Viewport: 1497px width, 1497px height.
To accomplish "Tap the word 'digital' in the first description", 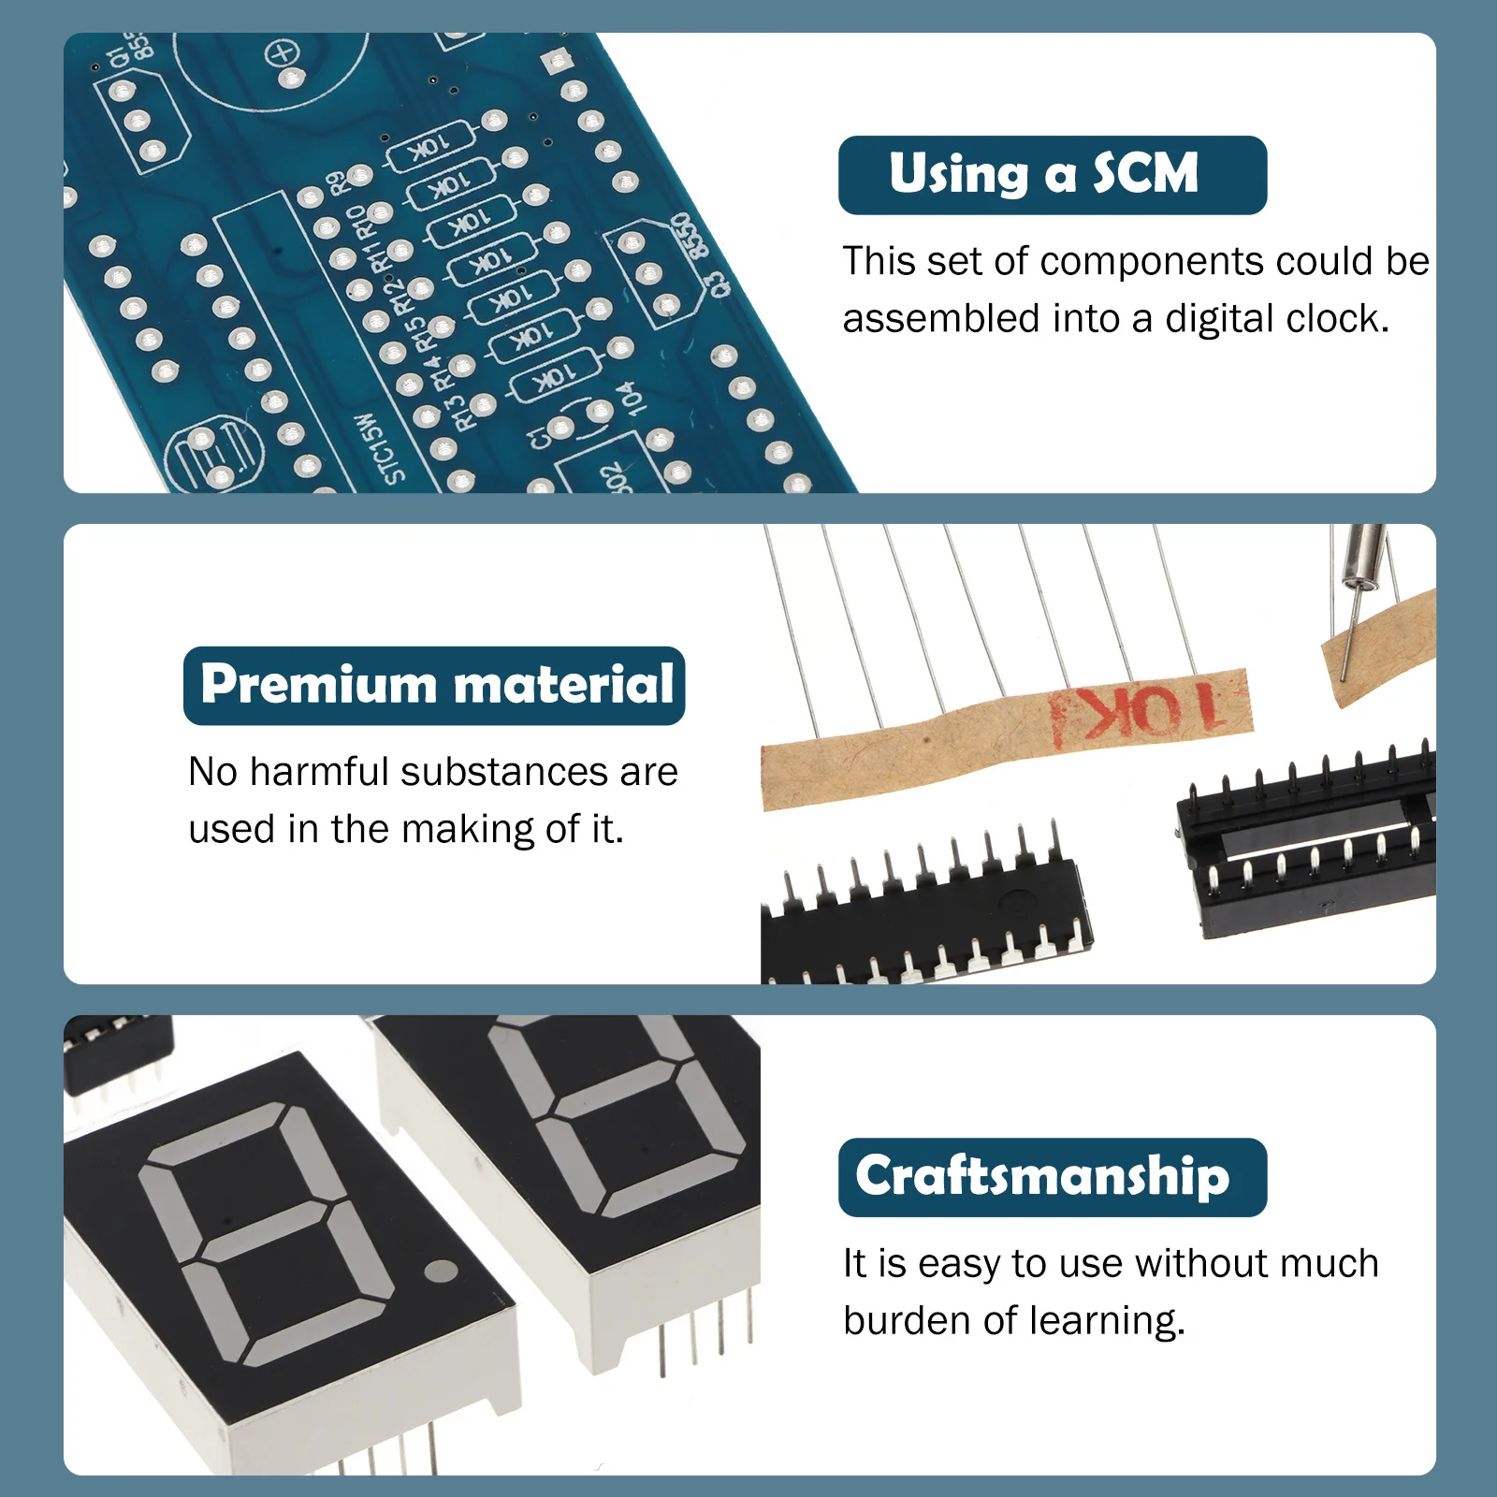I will pos(1220,319).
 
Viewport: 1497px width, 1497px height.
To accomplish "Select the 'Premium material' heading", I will pos(435,685).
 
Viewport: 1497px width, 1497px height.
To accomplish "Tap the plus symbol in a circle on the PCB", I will pos(282,53).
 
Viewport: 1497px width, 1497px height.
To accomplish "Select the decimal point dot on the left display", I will pos(441,1271).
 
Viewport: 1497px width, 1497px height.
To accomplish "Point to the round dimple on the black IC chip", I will pos(1016,903).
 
